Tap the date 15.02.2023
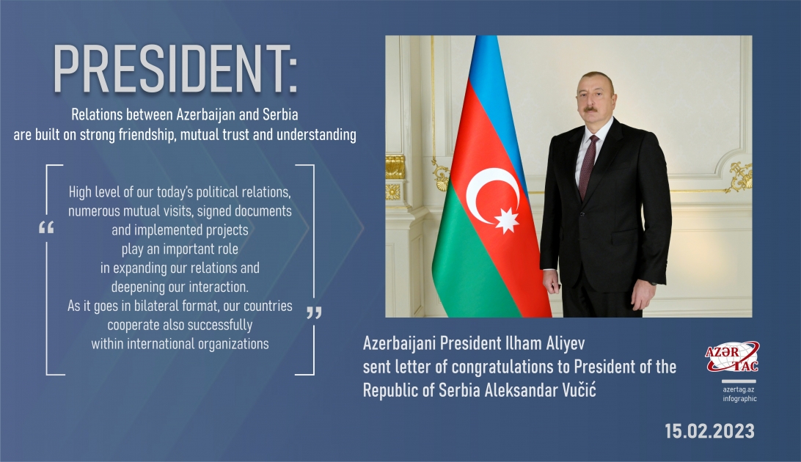click(x=709, y=431)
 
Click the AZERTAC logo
click(x=731, y=359)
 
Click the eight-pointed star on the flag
click(x=507, y=219)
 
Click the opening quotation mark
click(x=45, y=228)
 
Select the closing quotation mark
click(x=314, y=313)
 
